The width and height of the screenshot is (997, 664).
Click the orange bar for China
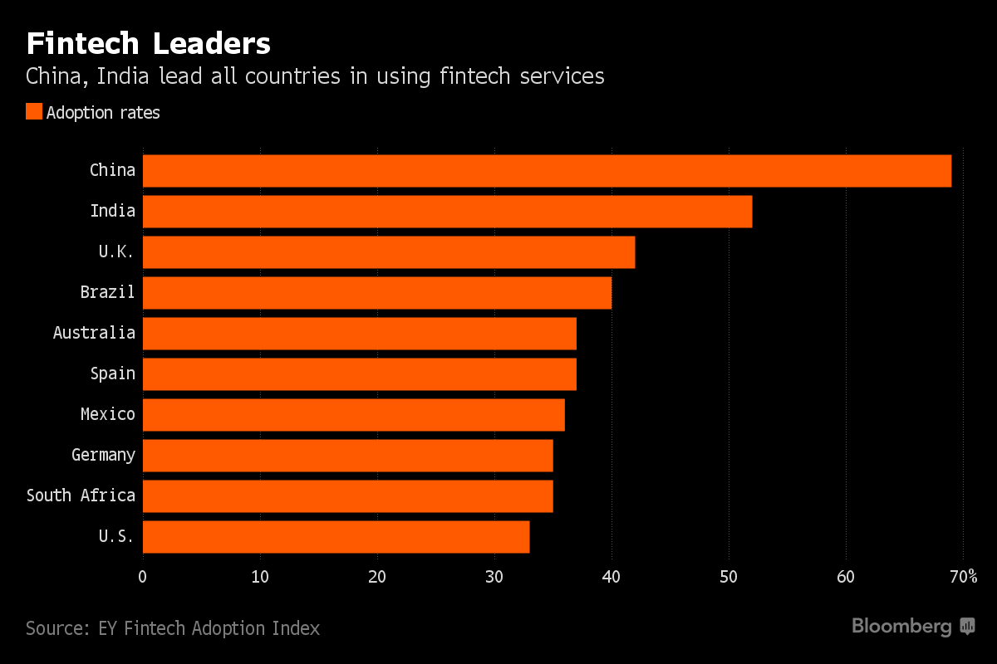point(547,170)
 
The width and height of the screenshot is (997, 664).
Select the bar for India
point(447,211)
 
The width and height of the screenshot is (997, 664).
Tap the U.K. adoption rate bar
point(389,251)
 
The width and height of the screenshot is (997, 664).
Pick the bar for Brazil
point(377,292)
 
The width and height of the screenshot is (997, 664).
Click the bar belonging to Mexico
point(354,414)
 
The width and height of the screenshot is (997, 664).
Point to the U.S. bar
point(336,536)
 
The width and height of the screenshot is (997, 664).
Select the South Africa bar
point(348,496)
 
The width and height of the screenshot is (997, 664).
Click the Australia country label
point(94,333)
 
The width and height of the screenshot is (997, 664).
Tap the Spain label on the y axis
point(113,373)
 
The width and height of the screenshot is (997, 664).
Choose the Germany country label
point(103,455)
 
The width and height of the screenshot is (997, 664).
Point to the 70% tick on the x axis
point(963,577)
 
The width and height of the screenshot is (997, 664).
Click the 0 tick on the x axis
point(143,577)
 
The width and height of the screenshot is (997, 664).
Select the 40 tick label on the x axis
point(611,577)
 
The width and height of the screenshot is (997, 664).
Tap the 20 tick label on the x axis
point(377,577)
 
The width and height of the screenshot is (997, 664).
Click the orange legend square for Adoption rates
point(34,112)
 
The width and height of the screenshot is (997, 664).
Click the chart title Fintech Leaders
point(148,43)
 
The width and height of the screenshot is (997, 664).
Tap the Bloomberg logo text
point(901,626)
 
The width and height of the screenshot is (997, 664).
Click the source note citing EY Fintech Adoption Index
point(173,628)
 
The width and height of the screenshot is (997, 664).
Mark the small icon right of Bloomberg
point(967,626)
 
